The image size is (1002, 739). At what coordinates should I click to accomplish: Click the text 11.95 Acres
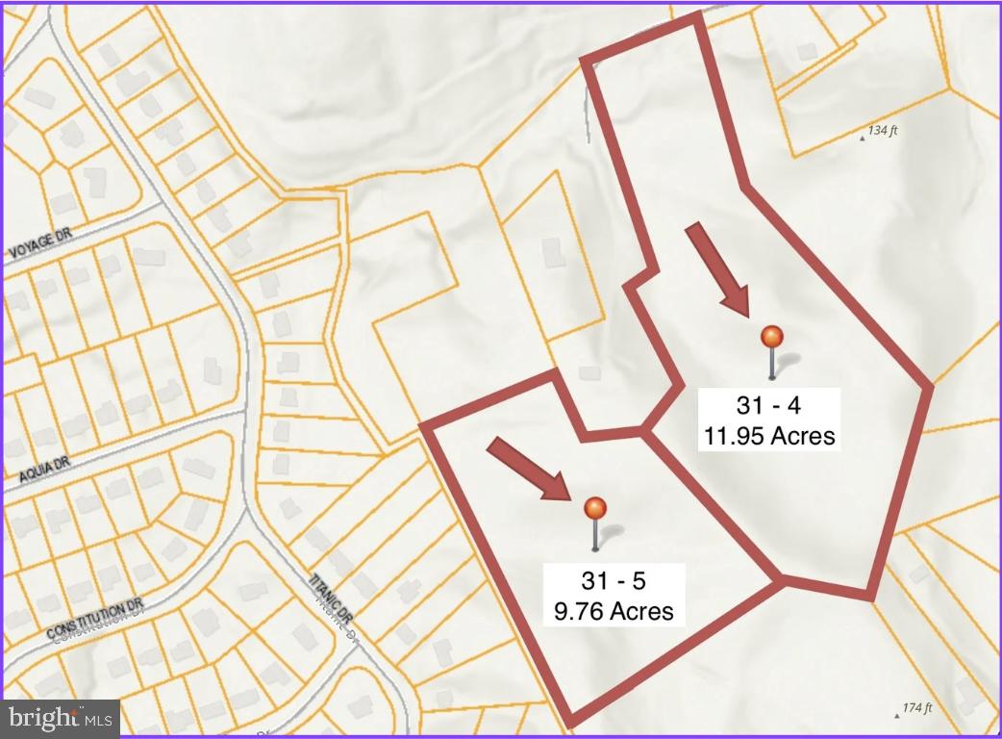(x=767, y=436)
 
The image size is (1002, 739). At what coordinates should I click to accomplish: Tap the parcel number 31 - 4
(x=767, y=405)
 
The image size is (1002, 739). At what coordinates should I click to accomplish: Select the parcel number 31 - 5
(x=614, y=580)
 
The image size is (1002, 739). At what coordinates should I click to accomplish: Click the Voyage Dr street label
(x=41, y=250)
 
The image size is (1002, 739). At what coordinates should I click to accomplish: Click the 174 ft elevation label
(x=917, y=708)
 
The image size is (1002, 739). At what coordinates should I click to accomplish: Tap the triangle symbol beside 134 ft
(x=862, y=138)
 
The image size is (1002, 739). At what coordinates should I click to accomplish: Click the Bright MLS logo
(x=61, y=717)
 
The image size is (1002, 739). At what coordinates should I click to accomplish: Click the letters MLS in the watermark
(x=100, y=718)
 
